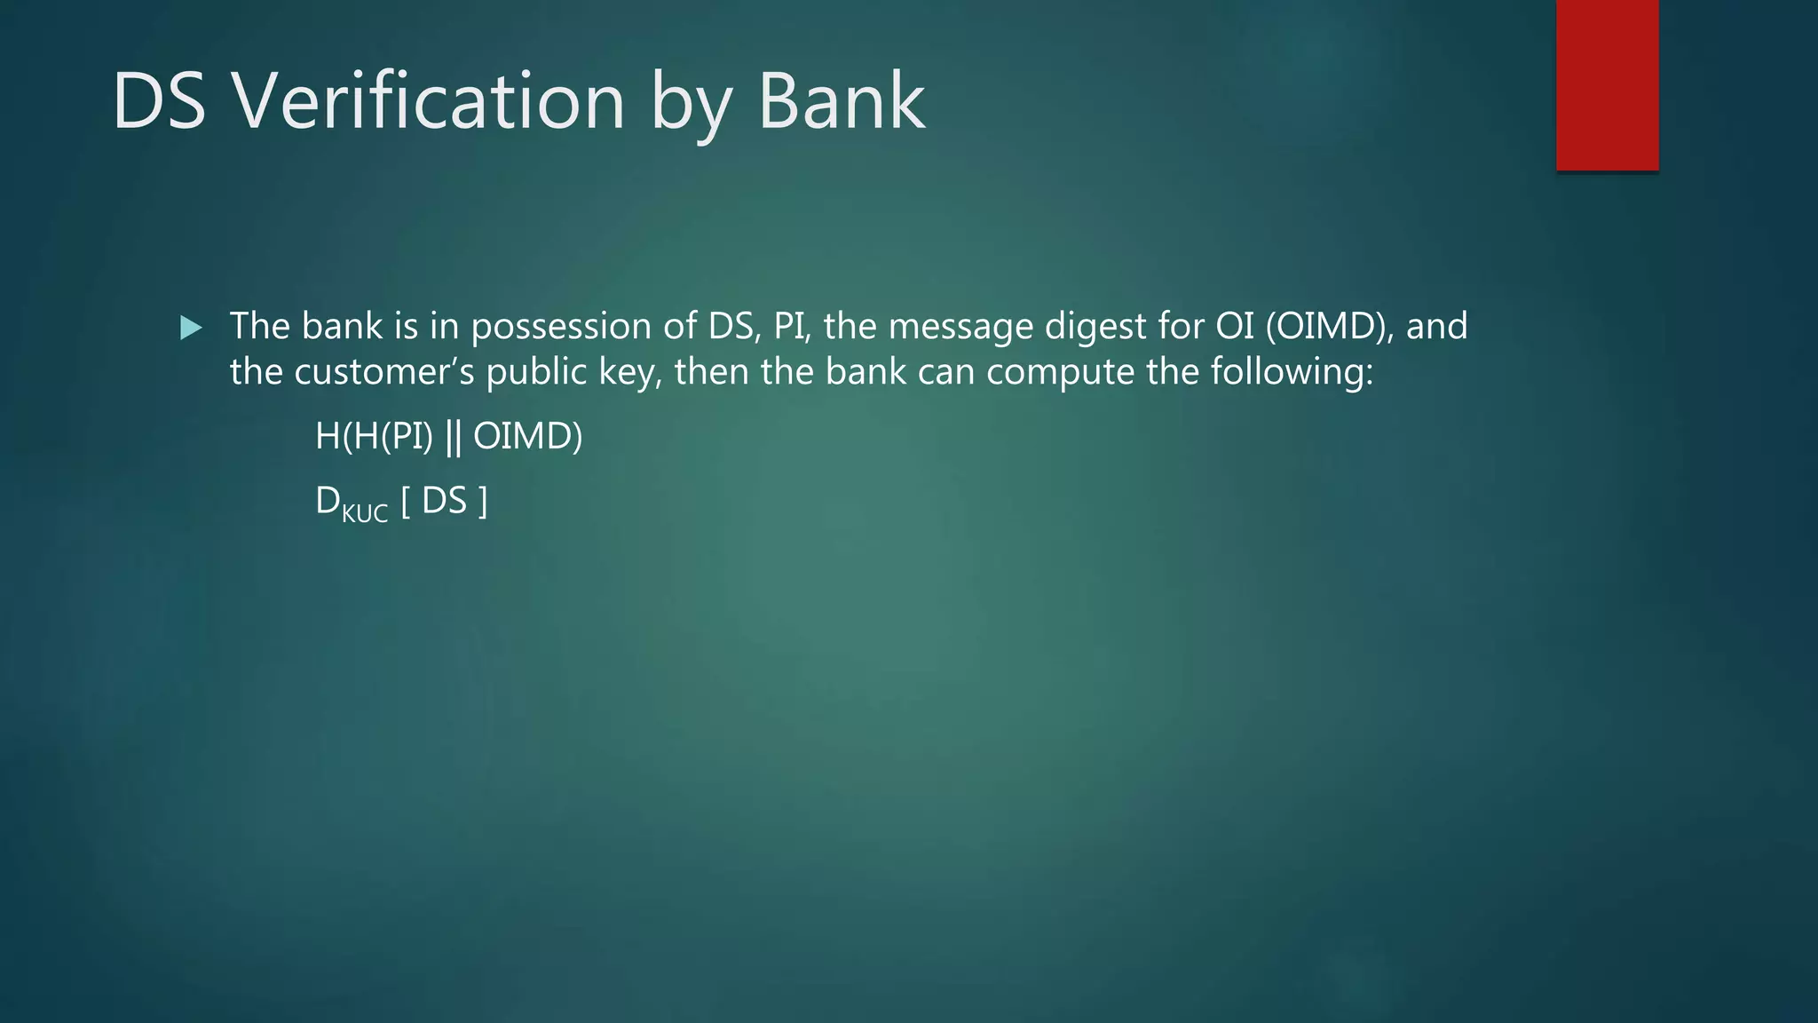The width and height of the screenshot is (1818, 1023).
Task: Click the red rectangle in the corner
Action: click(1607, 84)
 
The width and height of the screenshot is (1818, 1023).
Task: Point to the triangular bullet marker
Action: click(191, 328)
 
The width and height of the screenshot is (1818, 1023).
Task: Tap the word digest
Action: click(1095, 327)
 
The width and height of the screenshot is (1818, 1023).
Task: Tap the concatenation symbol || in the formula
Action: click(453, 436)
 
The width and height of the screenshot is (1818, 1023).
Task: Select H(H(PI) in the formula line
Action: click(374, 436)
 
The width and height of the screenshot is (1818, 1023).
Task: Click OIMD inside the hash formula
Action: click(527, 436)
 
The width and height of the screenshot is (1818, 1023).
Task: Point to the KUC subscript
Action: click(365, 513)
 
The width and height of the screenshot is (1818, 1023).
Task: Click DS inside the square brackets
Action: click(444, 502)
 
